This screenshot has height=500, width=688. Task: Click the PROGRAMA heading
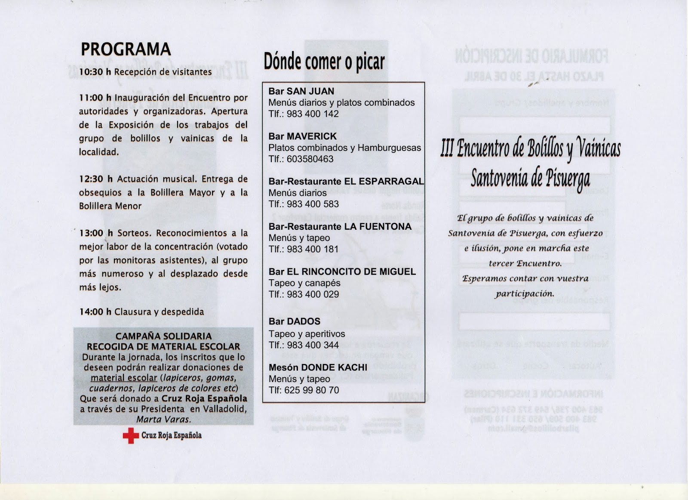tap(126, 49)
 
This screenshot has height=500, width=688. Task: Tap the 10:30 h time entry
tap(95, 72)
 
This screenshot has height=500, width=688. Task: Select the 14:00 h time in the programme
tap(95, 312)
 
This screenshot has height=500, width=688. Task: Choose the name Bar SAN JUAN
tap(301, 91)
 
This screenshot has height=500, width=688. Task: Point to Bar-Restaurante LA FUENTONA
tap(340, 227)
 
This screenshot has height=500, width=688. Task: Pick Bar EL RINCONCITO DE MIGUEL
tap(342, 272)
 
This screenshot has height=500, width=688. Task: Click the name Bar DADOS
tap(294, 321)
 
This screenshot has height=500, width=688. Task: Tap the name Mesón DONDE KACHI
tap(318, 367)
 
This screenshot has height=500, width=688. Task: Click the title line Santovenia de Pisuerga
tap(530, 178)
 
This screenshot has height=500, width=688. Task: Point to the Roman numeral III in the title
tap(447, 149)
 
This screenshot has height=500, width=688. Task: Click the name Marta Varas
tap(163, 419)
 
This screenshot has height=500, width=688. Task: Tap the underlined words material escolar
tap(124, 378)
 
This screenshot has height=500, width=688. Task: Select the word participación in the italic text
tap(525, 294)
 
